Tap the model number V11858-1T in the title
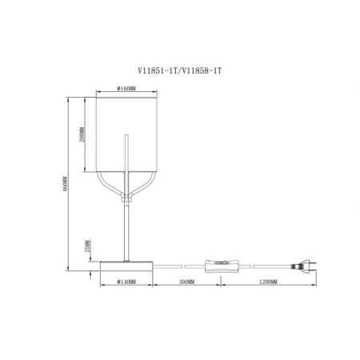(202, 71)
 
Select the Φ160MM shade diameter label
(126, 89)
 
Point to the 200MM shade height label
(82, 134)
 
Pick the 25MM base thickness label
(88, 246)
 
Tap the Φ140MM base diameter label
(126, 282)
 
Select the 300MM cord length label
(186, 282)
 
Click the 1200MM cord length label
(269, 282)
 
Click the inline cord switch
(221, 266)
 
